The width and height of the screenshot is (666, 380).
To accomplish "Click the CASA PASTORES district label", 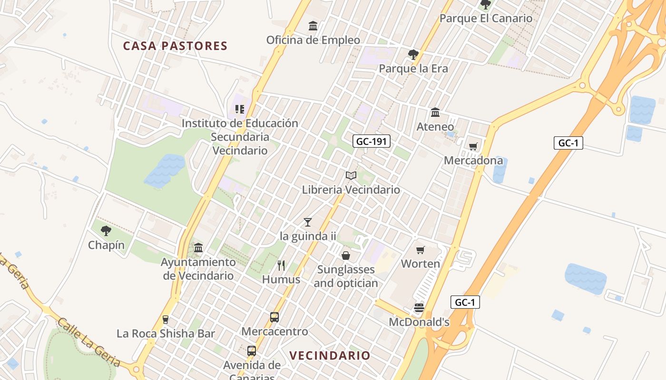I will click(x=175, y=46).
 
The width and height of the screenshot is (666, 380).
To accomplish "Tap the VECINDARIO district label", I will click(x=330, y=355).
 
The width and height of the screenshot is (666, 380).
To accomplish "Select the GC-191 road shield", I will click(x=372, y=141).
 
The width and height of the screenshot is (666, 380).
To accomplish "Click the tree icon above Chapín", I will click(x=106, y=231).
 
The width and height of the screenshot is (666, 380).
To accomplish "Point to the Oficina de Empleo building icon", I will click(x=313, y=26).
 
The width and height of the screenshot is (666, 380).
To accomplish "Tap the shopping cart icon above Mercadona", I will click(x=473, y=146).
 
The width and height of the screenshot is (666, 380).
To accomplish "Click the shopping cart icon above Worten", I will click(x=420, y=250).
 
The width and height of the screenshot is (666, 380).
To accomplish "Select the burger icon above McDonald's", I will click(x=419, y=308).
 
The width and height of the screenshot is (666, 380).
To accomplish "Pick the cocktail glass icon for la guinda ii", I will click(x=308, y=222).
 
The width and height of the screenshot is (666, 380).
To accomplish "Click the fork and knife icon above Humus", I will click(x=281, y=266).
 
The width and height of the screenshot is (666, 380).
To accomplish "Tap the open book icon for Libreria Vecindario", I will click(x=351, y=176).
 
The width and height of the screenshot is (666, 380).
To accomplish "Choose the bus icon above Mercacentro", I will click(x=274, y=317).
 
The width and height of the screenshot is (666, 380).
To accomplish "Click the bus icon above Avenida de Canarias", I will click(x=252, y=351).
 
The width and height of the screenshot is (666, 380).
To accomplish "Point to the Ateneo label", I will click(x=435, y=127).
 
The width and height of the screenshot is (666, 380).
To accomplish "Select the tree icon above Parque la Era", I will click(x=413, y=54).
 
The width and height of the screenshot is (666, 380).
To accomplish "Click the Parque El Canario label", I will click(x=486, y=19).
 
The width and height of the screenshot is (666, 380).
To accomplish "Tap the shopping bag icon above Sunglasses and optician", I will click(x=346, y=256).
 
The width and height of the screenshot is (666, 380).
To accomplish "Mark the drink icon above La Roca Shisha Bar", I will click(x=166, y=320).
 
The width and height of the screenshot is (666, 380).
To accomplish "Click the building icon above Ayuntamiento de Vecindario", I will click(x=198, y=248).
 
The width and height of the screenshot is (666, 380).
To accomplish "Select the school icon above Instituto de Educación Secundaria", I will click(x=240, y=110).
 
